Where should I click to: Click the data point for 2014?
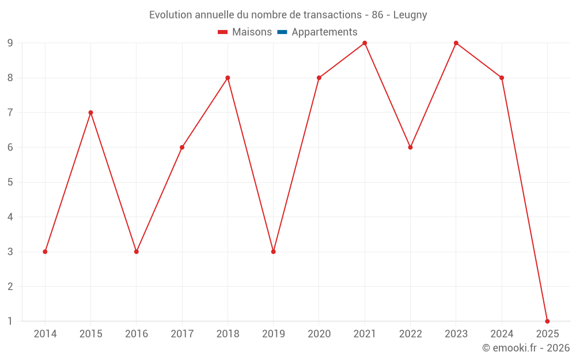click(45, 252)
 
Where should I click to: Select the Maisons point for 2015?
click(90, 112)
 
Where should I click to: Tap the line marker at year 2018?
click(228, 78)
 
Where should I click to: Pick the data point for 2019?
click(273, 252)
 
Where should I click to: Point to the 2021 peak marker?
click(365, 43)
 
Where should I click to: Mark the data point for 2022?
click(410, 147)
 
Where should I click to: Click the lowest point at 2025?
click(547, 321)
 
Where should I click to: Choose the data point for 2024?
click(502, 78)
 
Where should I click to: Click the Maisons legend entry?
click(245, 32)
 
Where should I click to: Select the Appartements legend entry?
click(317, 32)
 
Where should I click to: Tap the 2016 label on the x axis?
click(137, 334)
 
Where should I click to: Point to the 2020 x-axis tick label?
click(319, 334)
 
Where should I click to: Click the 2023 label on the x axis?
click(456, 334)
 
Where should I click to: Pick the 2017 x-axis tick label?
click(182, 334)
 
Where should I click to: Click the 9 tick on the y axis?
click(10, 43)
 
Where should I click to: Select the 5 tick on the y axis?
click(10, 182)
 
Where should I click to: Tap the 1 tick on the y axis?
click(10, 321)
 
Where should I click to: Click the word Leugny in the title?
click(410, 15)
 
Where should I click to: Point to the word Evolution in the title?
click(169, 15)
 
